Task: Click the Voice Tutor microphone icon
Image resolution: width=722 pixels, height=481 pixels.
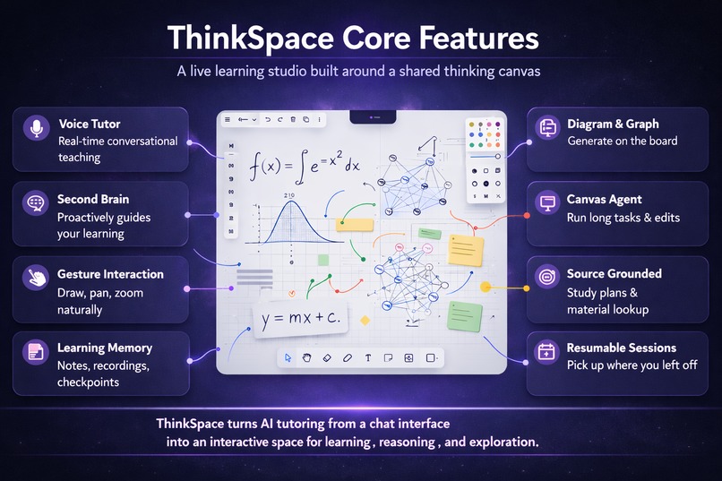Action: (x=36, y=129)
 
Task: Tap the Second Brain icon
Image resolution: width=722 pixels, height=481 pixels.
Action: (x=36, y=203)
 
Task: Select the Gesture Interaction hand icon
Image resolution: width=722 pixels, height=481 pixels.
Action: (x=36, y=278)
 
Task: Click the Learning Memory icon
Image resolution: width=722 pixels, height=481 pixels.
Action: (x=36, y=352)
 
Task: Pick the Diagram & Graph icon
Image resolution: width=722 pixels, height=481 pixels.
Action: (x=548, y=129)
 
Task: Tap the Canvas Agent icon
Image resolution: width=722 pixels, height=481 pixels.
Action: (x=548, y=203)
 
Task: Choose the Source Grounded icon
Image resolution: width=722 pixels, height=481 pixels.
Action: (x=548, y=278)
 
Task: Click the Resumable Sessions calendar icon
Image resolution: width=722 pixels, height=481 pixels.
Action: (x=548, y=352)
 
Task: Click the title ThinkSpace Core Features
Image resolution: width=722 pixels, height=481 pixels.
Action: (x=354, y=39)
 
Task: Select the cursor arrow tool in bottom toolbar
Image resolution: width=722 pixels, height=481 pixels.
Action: (x=288, y=357)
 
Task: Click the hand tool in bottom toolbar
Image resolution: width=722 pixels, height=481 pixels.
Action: (x=306, y=357)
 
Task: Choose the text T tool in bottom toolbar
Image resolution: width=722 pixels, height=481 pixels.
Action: (x=368, y=357)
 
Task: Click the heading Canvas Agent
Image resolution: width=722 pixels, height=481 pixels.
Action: (x=604, y=199)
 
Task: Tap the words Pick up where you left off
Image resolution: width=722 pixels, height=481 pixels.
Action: (x=632, y=365)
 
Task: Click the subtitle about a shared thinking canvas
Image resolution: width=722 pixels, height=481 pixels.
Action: (x=360, y=72)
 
